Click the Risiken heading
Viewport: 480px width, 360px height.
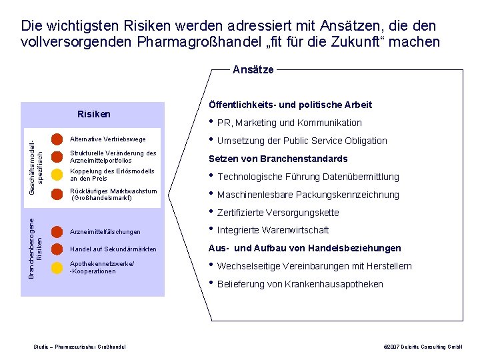pos(94,114)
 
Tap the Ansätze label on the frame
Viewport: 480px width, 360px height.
pos(253,69)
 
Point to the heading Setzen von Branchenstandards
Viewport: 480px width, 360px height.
pos(278,159)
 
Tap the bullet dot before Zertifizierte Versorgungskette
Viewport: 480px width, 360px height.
pos(211,211)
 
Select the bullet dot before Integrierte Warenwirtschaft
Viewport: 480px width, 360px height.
pos(211,229)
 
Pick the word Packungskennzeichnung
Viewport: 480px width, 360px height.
pos(359,195)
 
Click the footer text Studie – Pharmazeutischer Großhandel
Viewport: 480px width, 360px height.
pos(80,347)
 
